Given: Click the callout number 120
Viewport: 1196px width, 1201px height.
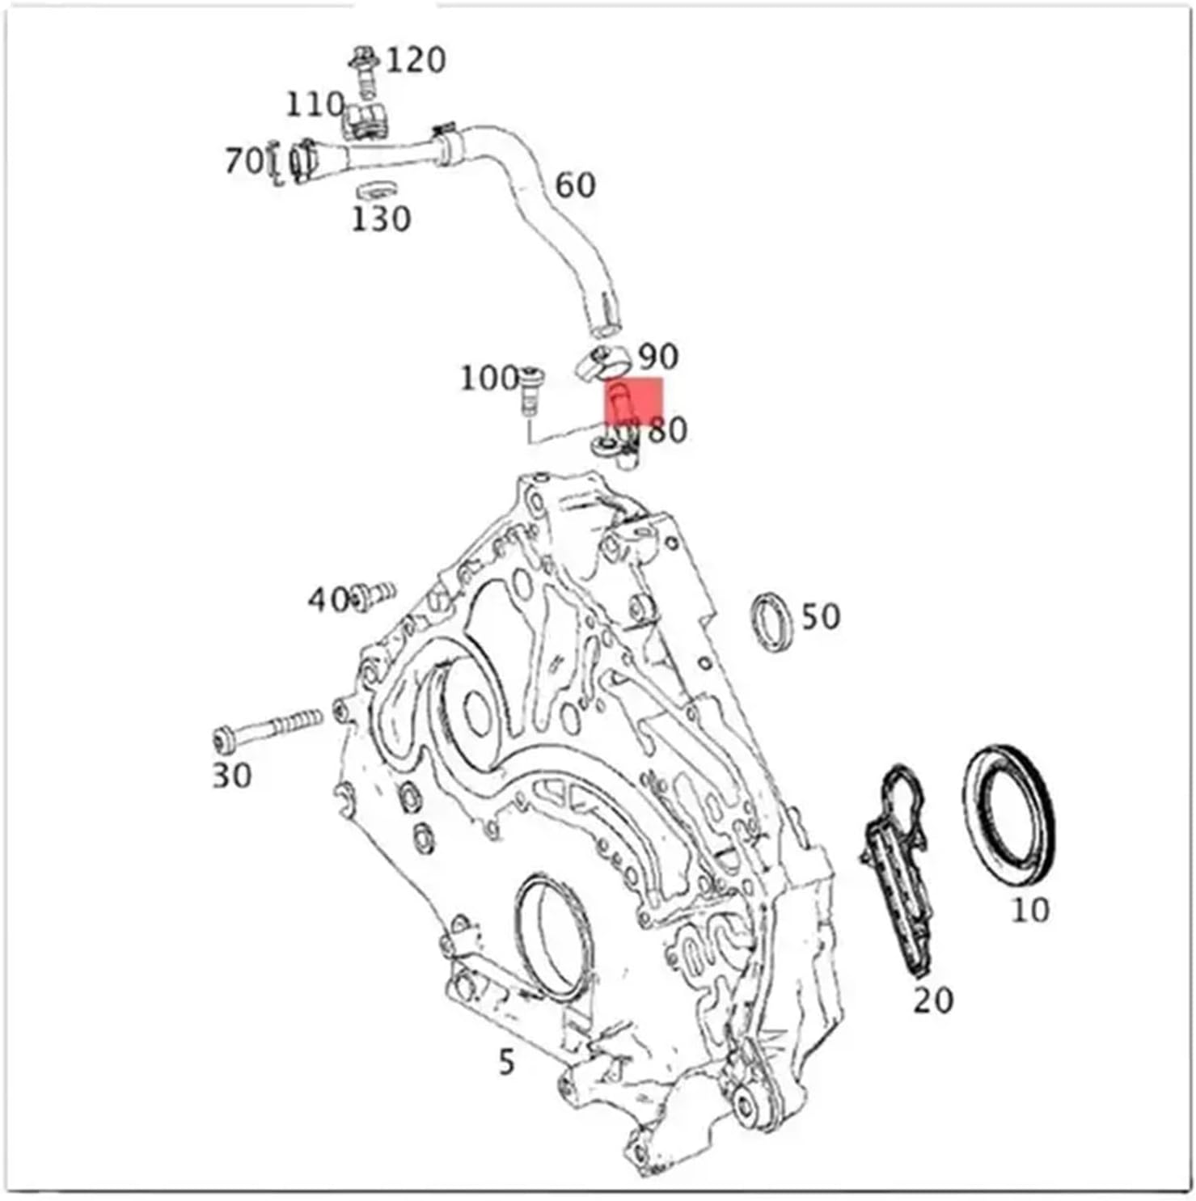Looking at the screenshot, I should coord(416,61).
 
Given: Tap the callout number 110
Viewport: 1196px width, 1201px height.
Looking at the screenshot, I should coord(315,104).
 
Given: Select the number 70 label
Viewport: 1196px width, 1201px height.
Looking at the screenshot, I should coord(243,160).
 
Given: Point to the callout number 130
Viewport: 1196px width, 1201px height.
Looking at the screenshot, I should coord(381,219).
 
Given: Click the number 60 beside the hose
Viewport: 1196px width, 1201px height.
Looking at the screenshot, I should coord(575,186).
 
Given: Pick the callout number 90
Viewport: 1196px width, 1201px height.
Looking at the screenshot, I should coord(658,357).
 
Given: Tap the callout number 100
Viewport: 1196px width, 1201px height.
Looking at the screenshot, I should coord(488,378).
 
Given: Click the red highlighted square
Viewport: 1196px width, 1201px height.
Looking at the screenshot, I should coord(635,402).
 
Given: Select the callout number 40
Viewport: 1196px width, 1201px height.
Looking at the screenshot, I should coord(327,600).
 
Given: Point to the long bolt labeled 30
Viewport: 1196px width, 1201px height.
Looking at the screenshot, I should coord(267,729).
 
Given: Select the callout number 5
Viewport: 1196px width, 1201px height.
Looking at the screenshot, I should coord(506,1062).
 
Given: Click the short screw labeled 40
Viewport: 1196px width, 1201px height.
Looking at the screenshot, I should coord(374,597).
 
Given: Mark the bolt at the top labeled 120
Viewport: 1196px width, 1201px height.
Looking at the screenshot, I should coord(365,71).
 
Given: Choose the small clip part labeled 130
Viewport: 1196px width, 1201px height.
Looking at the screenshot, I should coord(375,191).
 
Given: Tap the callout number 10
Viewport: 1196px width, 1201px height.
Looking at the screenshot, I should coord(1030,911).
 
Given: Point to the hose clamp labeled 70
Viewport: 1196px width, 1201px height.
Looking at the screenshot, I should coord(301,161).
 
